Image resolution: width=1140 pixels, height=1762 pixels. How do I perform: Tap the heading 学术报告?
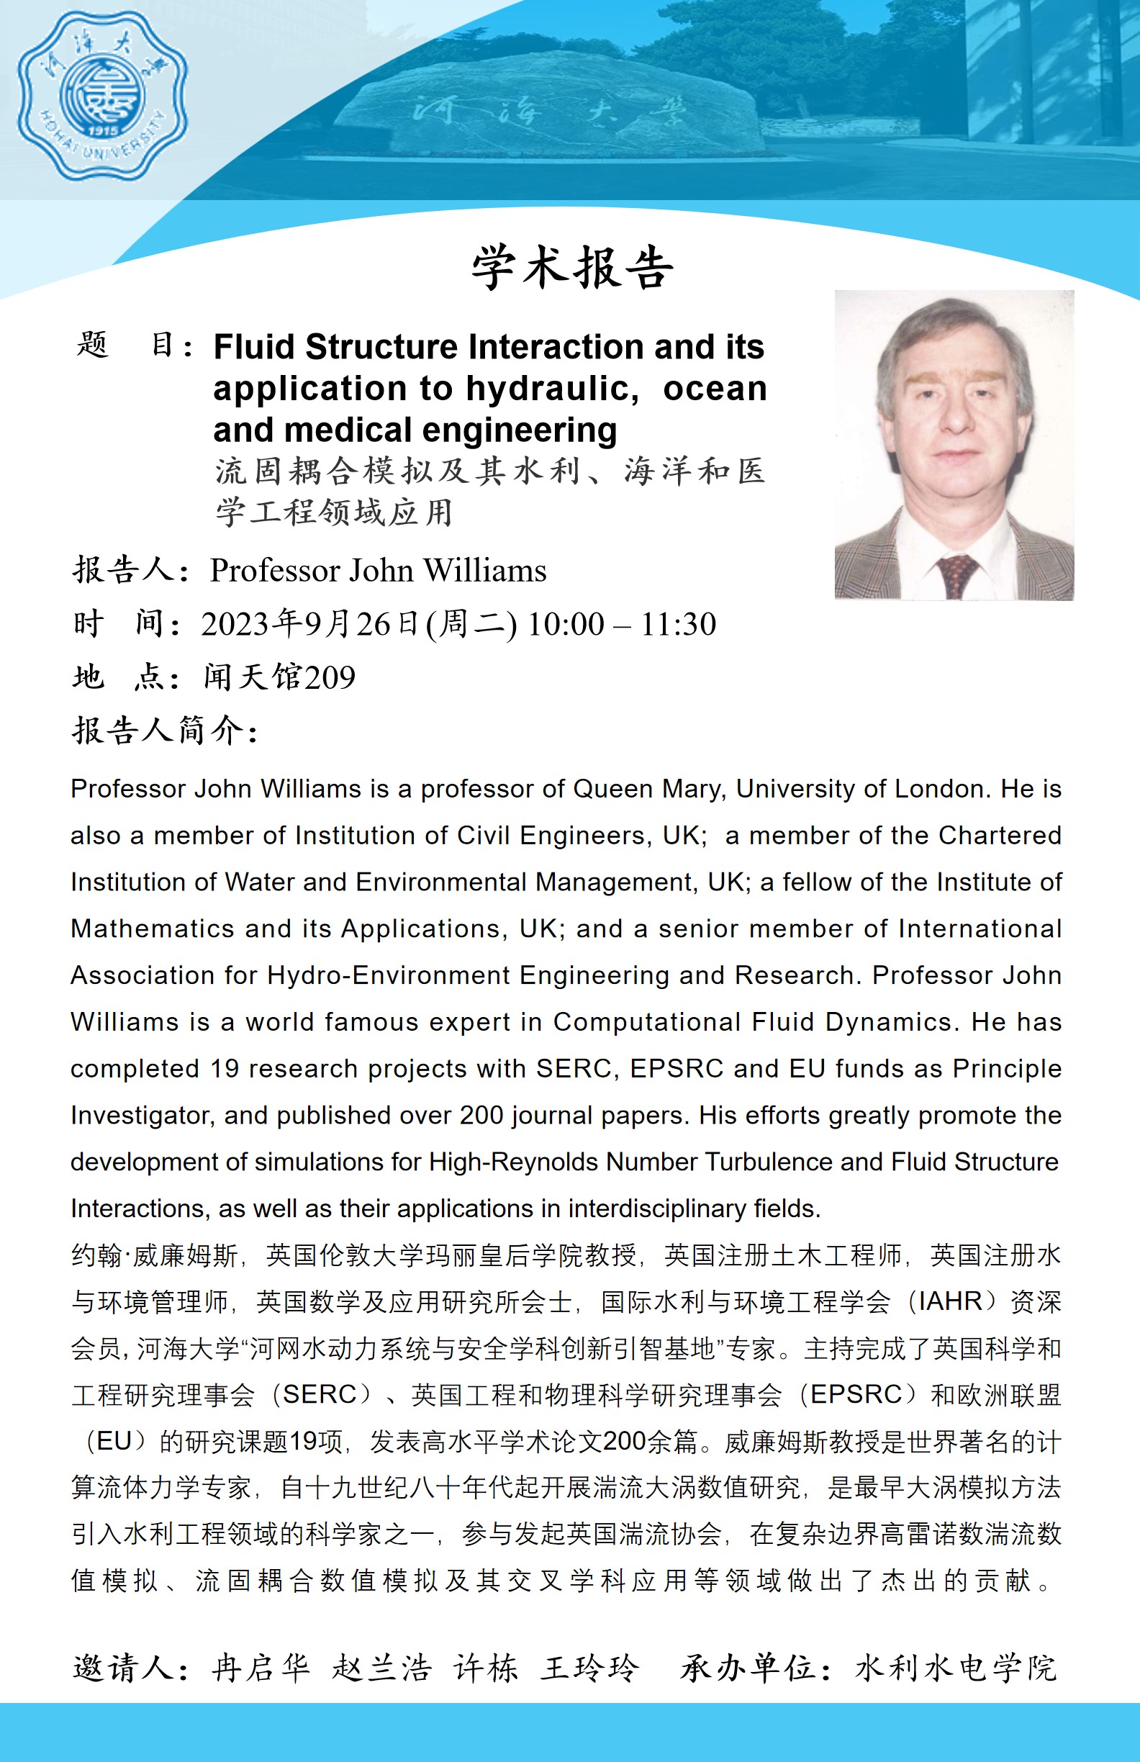pos(572,267)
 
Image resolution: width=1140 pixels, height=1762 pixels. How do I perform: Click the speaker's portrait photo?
pos(954,445)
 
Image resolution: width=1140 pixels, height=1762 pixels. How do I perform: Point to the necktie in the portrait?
pos(956,574)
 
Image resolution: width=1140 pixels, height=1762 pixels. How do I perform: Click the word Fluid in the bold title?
pos(255,347)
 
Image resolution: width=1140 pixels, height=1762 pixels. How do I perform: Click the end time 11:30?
pos(678,624)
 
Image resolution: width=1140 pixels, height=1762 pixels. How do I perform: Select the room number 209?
pos(330,677)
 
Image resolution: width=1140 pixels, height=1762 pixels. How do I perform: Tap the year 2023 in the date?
pos(235,624)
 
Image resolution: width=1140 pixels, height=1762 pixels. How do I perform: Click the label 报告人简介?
pos(164,731)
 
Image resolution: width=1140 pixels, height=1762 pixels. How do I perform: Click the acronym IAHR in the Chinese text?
pos(950,1301)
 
